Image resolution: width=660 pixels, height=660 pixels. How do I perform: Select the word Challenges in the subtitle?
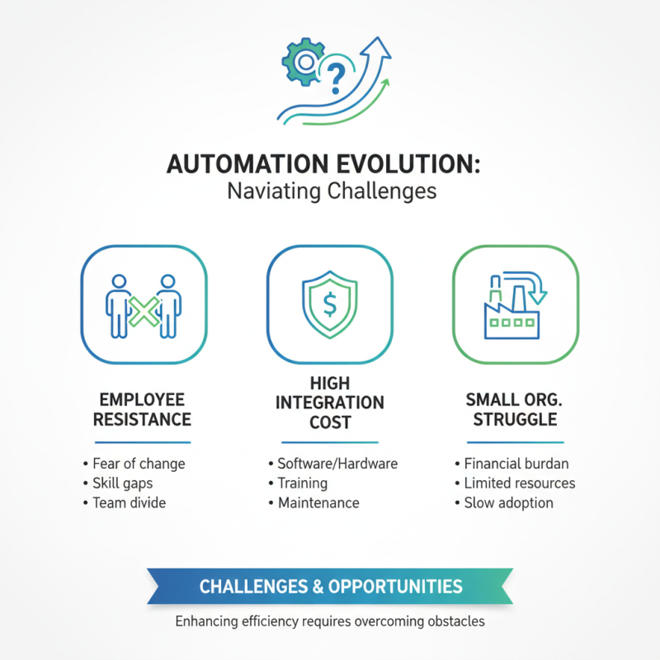[x=382, y=192]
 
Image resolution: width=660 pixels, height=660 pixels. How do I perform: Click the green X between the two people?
[x=144, y=312]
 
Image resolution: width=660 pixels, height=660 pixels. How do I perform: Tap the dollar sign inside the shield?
[x=330, y=305]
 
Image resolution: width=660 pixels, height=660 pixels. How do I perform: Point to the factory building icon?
[x=511, y=318]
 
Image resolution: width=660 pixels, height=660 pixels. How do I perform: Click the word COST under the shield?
[x=330, y=422]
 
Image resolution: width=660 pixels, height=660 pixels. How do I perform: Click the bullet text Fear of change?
[x=139, y=463]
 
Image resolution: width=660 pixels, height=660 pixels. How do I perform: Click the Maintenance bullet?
[x=318, y=502]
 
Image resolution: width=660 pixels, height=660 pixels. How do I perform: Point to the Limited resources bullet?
[x=520, y=483]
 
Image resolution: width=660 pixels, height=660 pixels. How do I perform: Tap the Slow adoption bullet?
[x=508, y=502]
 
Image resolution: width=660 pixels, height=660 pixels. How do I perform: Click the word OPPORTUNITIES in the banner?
[x=395, y=587]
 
